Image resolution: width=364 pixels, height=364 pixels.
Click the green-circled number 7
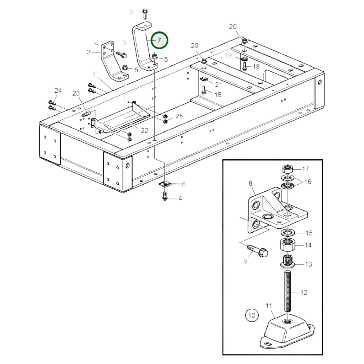pos(159,40)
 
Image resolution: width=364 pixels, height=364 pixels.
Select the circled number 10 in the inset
pos(252,315)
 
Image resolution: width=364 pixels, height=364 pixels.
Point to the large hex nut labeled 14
pos(287,245)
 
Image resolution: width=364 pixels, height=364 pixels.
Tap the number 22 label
pos(145,130)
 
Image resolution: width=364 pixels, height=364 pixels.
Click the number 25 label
pos(179,116)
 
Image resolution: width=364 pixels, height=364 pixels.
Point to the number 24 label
pos(58,91)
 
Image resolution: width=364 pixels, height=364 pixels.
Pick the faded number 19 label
pos(228,55)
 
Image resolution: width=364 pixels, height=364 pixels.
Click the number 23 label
pos(76,93)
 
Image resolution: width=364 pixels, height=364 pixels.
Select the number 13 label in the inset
pos(308,264)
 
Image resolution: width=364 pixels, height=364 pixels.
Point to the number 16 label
pos(308,182)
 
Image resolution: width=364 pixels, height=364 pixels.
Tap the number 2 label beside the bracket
pos(88,52)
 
